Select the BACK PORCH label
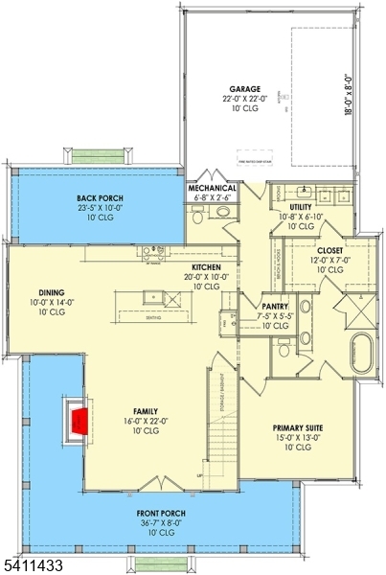(100, 197)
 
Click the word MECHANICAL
(212, 189)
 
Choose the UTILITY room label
(301, 206)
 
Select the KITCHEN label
(207, 267)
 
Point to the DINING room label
(52, 293)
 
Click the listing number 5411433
(34, 566)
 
